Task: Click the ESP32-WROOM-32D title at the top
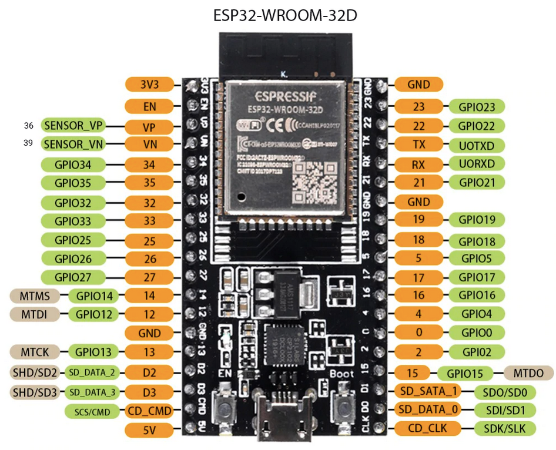coord(284,15)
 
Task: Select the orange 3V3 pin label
coord(149,85)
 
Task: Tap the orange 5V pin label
coord(149,431)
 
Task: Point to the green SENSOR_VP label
coord(73,126)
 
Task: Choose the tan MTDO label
coord(528,372)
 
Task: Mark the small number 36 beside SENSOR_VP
coord(29,126)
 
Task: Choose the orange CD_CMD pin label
coord(149,411)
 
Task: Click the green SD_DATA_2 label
coord(93,372)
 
